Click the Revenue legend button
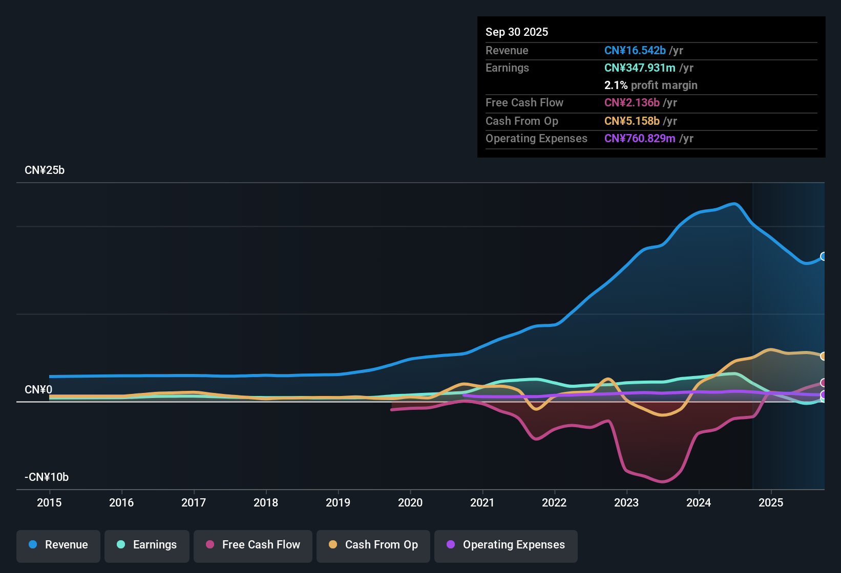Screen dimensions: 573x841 58,545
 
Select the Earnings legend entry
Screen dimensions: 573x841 147,545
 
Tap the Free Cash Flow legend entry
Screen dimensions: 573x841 253,545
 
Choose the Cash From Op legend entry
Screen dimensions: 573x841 373,545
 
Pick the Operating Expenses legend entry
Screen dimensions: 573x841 506,545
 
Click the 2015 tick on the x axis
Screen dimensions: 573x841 49,502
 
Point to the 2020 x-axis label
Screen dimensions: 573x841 410,502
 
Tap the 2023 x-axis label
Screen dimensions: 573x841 626,502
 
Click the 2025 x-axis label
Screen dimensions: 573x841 771,502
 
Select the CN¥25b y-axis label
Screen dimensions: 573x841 45,170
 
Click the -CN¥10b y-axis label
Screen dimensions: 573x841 47,477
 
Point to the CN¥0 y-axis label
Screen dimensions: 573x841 38,390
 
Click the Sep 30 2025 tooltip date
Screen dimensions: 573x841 517,32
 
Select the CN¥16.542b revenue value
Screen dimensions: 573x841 635,51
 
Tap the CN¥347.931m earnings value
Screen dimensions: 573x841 640,68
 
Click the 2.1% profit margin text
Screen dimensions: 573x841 650,85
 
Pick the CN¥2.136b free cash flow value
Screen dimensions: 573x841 632,103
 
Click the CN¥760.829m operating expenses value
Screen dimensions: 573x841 640,139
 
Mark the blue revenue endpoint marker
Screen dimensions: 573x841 823,256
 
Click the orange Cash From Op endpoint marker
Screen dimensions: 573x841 823,356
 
